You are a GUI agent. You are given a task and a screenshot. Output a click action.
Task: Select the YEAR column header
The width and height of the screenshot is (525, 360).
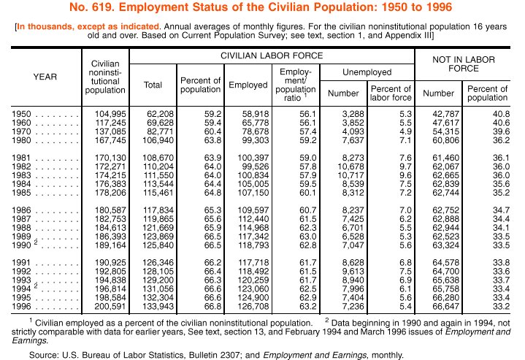(x=45, y=76)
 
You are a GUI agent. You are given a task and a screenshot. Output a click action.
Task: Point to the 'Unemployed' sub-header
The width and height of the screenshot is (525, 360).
(x=367, y=72)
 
